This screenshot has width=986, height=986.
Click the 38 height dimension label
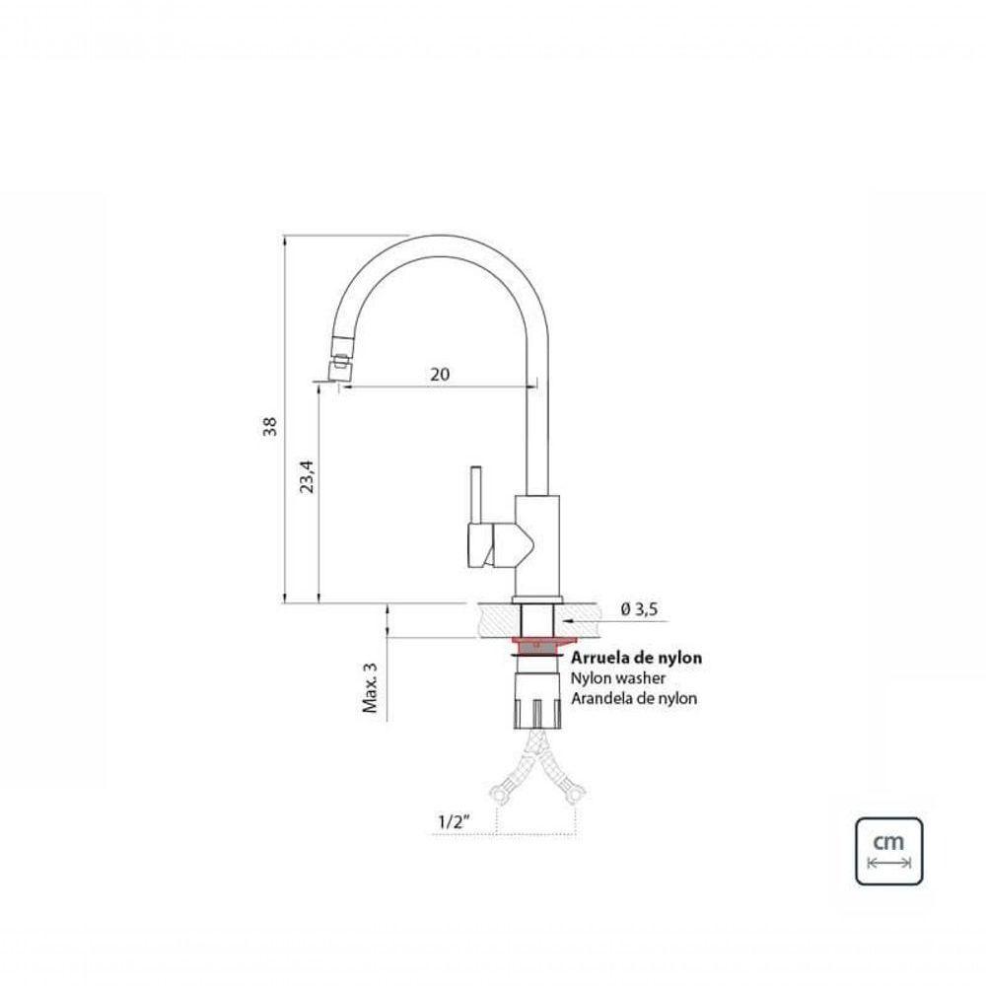(x=270, y=426)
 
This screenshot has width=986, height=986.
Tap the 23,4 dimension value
(x=306, y=476)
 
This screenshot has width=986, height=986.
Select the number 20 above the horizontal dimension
(x=440, y=375)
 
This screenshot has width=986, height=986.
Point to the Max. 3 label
(x=371, y=687)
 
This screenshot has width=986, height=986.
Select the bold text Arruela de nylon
(x=637, y=658)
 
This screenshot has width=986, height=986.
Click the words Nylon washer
(x=618, y=678)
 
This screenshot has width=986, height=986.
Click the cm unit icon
(x=888, y=850)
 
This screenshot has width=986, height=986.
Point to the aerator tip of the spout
(x=336, y=371)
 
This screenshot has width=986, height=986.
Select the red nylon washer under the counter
(x=538, y=647)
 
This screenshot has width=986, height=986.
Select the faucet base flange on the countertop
(x=538, y=599)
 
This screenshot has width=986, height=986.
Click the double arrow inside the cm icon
(x=888, y=864)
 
